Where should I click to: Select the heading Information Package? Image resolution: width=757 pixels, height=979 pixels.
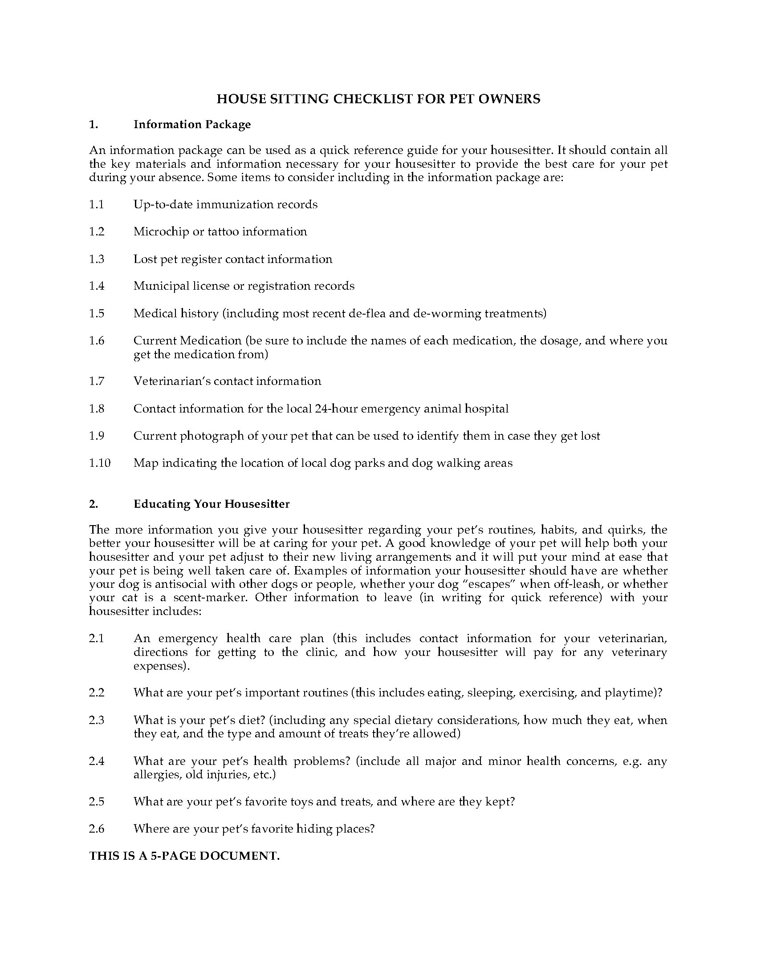pos(192,124)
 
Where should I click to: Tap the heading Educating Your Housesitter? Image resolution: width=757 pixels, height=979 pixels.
pos(211,504)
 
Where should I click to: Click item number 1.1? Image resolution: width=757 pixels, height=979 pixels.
pos(97,204)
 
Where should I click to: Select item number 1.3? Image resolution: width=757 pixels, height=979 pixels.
pos(97,259)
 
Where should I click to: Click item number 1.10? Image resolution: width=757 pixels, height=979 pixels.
pos(100,463)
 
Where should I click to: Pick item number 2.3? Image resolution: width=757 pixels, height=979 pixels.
pos(97,720)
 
